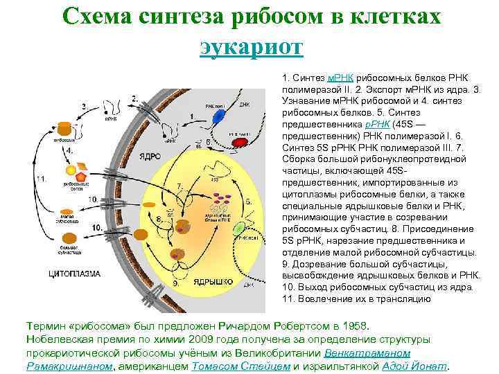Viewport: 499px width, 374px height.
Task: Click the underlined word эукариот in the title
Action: pos(251,46)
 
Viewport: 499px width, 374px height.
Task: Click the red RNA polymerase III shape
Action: pos(240,143)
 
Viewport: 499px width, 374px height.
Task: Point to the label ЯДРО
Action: pos(150,156)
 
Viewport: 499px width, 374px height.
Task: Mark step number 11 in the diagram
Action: pos(42,179)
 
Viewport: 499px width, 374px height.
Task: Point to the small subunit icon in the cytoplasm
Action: pos(67,211)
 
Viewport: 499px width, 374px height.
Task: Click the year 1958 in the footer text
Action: pos(358,326)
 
